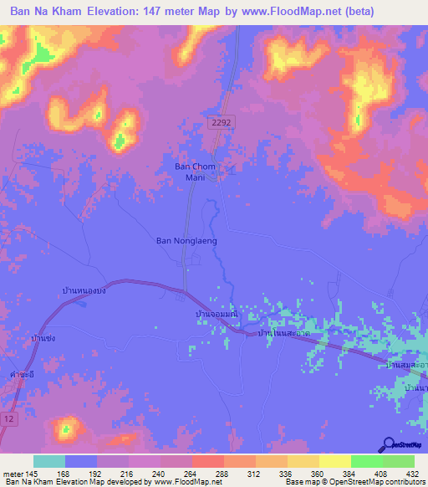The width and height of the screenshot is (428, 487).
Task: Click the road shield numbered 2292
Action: (222, 122)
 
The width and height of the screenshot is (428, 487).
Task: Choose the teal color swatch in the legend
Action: (49, 461)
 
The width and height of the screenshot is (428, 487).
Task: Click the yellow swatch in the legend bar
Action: (334, 461)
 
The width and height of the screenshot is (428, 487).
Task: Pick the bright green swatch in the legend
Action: (366, 461)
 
